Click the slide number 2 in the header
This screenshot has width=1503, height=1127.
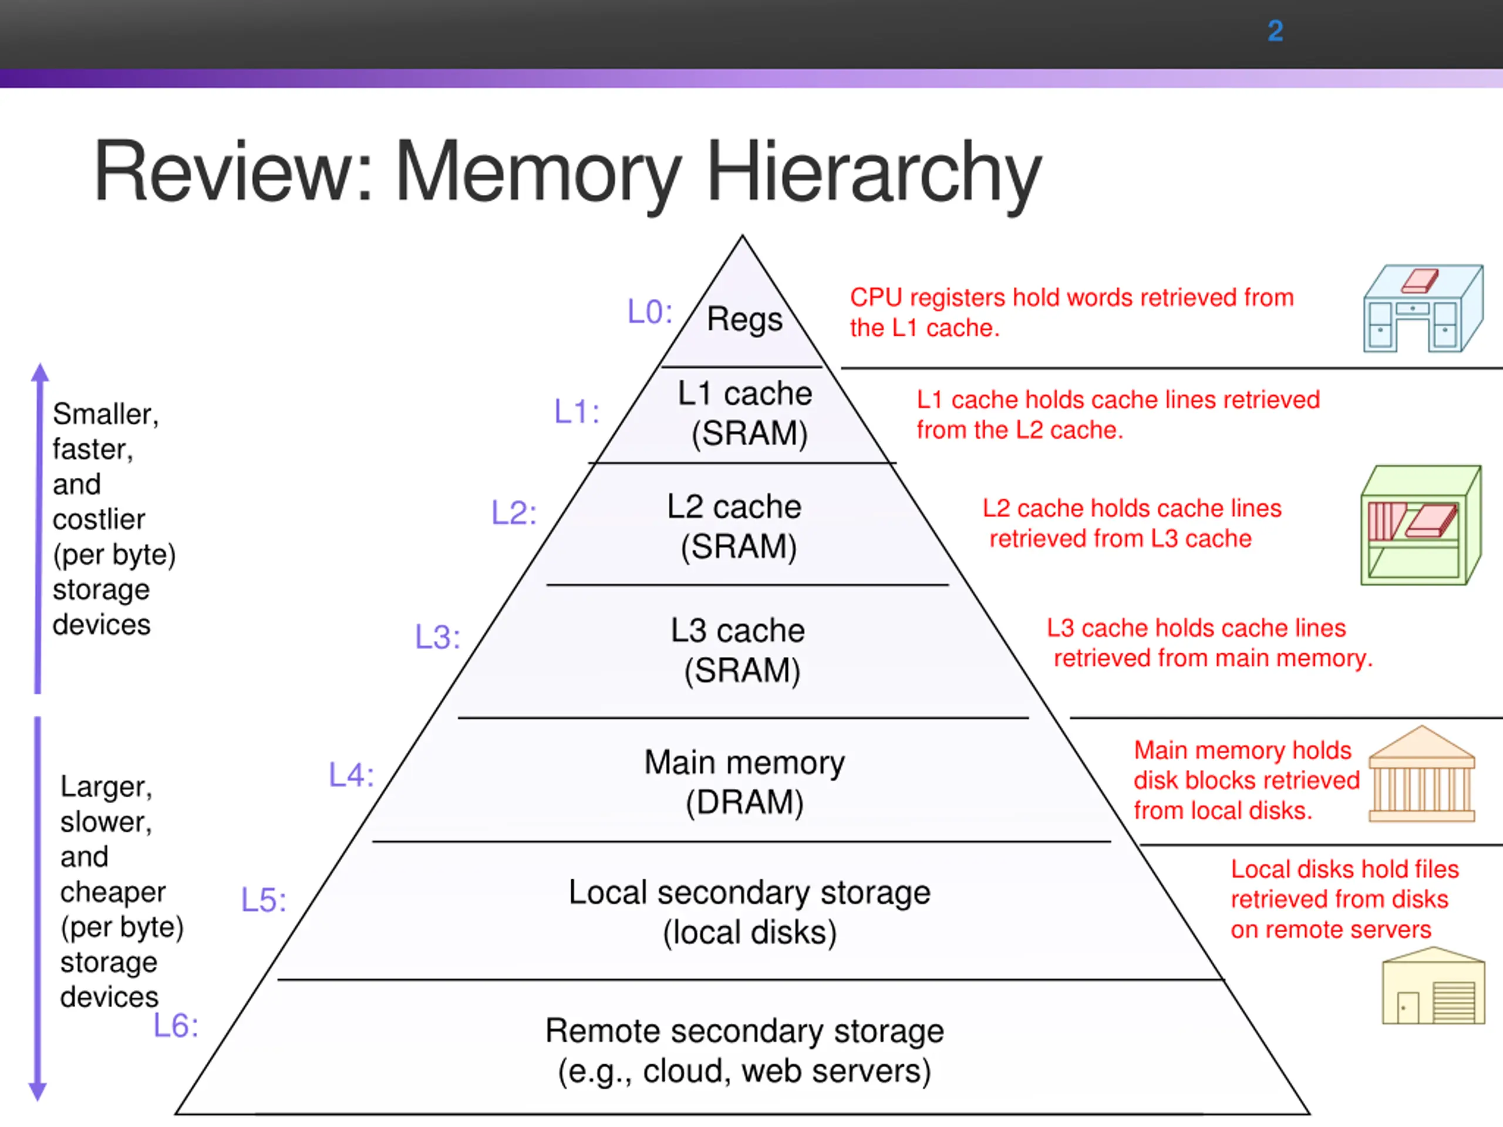point(1275,31)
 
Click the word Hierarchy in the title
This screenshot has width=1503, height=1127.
point(874,173)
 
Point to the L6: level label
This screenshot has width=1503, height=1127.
point(176,1026)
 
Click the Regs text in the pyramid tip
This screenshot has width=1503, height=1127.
point(744,319)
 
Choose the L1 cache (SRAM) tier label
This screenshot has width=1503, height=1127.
point(746,413)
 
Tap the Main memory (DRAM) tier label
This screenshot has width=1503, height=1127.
point(744,782)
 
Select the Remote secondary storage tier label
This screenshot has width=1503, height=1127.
point(744,1051)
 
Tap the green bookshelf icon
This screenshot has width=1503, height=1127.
point(1421,524)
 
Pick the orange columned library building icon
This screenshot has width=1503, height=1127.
point(1421,774)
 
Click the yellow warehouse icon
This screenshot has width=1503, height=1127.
point(1433,986)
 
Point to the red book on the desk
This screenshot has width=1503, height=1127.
point(1420,281)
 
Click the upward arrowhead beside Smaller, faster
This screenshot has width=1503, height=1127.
point(40,372)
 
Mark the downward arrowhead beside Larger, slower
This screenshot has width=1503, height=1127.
point(38,1091)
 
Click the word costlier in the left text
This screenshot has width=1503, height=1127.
point(99,519)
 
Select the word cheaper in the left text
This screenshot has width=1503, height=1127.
point(113,893)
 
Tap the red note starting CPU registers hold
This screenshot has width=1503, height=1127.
point(1071,312)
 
